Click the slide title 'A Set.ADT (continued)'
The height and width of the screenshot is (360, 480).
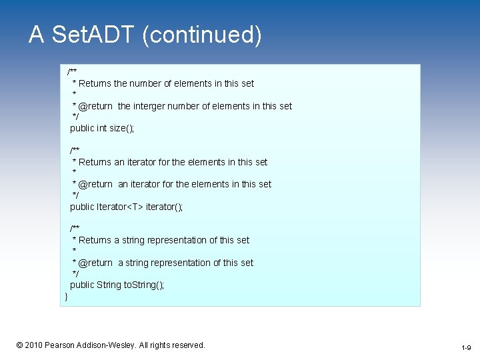(x=145, y=35)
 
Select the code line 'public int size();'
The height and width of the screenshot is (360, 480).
(x=102, y=128)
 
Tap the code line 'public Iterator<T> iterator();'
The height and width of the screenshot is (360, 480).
(x=126, y=207)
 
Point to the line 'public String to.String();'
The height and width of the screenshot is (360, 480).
(x=117, y=285)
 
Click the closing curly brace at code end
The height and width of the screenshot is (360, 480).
(x=66, y=296)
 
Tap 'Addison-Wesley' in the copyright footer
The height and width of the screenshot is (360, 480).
(x=105, y=345)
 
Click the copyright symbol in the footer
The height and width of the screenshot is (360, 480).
(x=19, y=345)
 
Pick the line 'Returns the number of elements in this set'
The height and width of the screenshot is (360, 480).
(x=166, y=83)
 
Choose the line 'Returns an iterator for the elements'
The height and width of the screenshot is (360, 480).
(x=173, y=162)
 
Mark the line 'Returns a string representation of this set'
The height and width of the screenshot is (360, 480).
(x=164, y=240)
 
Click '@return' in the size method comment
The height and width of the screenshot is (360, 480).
(x=95, y=106)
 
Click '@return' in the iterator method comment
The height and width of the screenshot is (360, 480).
(x=95, y=184)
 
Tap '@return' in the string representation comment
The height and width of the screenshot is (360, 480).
(x=95, y=263)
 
